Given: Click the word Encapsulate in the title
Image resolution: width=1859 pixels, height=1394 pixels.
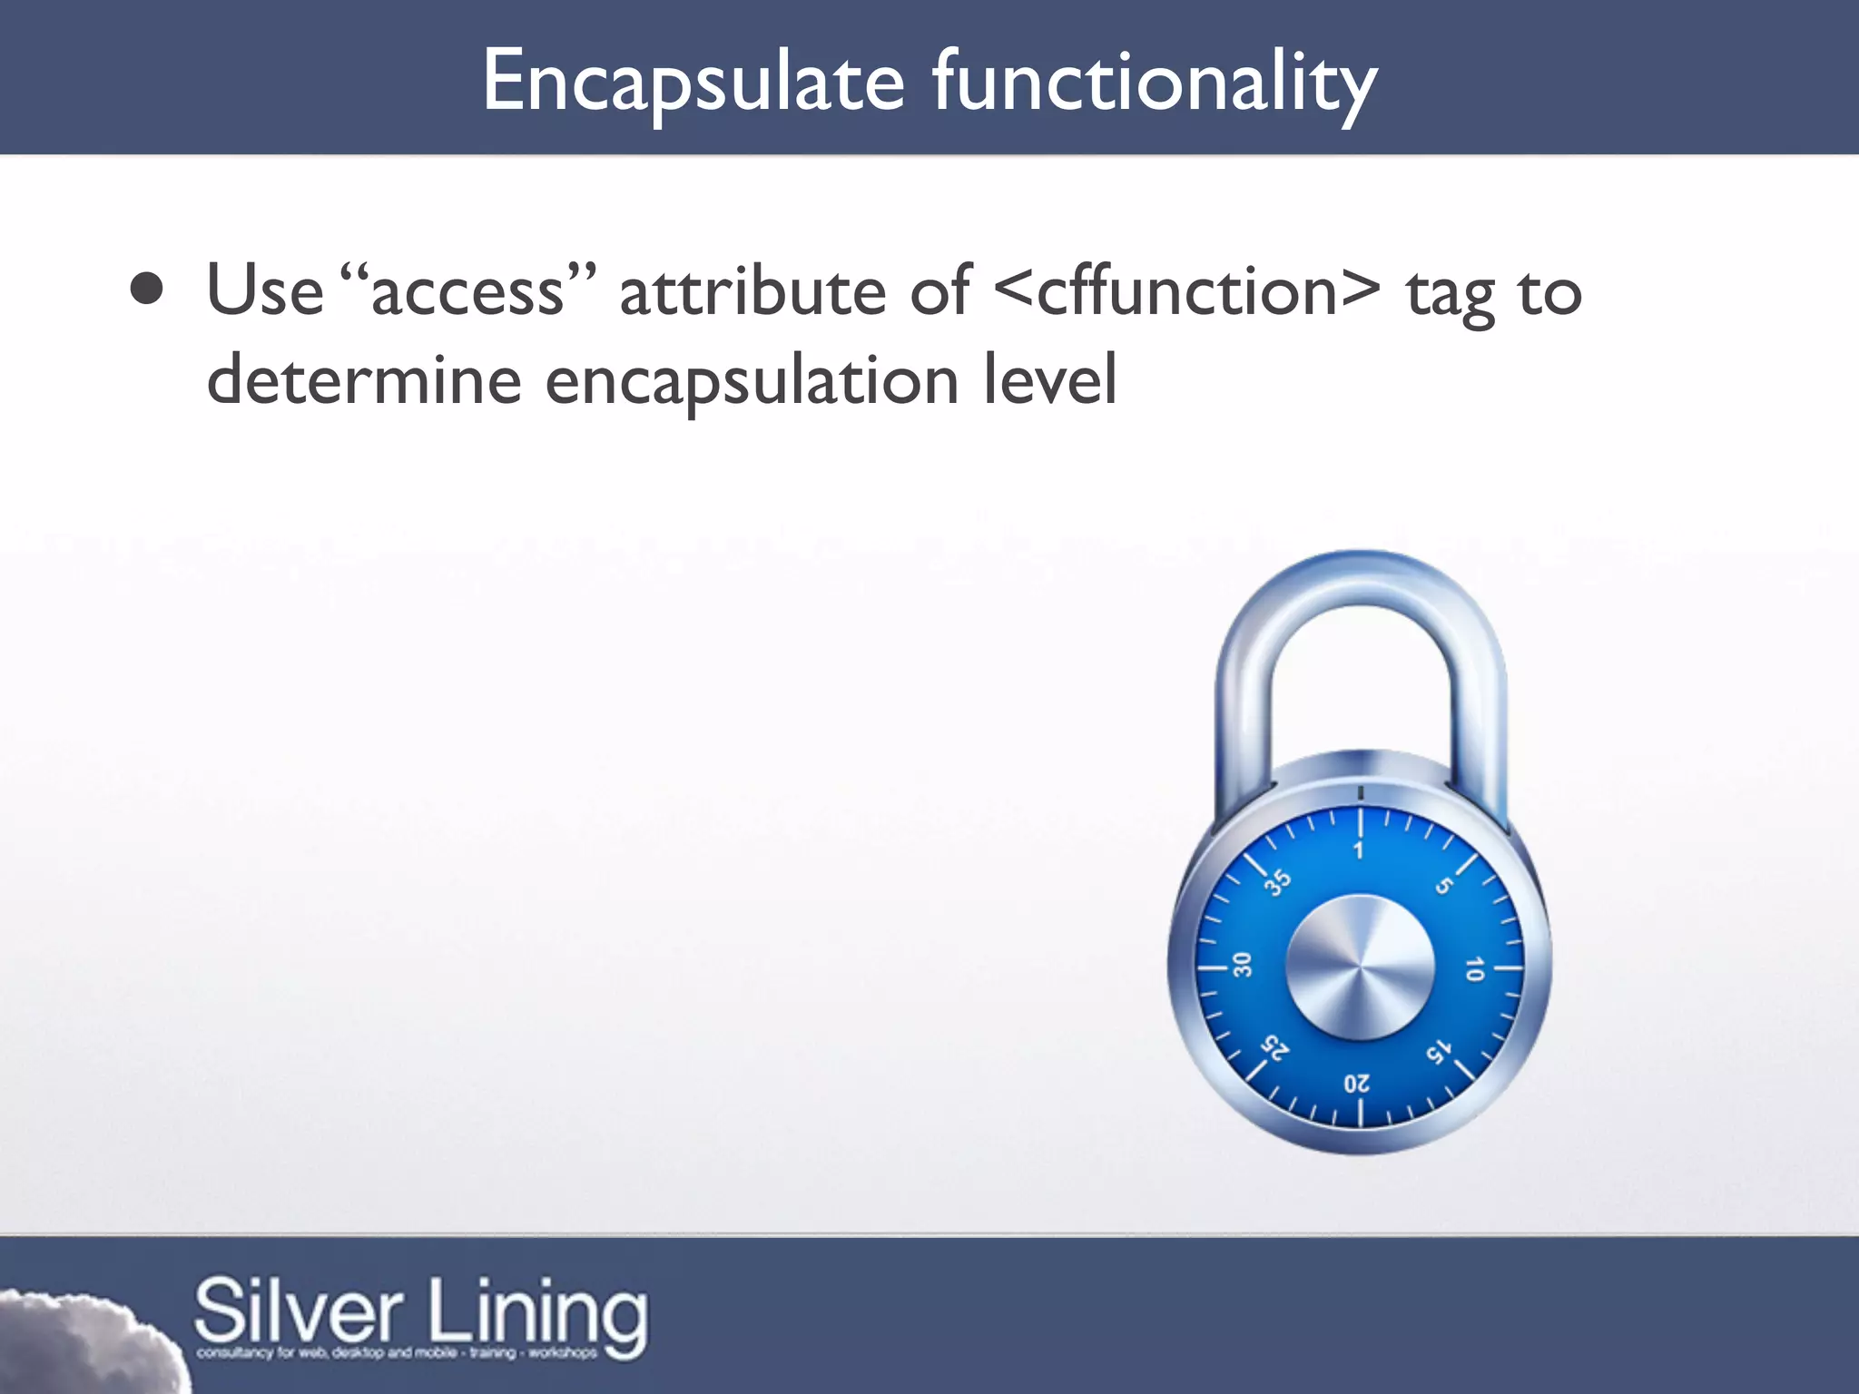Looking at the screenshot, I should (x=693, y=83).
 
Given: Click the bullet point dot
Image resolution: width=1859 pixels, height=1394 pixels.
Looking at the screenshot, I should (x=146, y=290).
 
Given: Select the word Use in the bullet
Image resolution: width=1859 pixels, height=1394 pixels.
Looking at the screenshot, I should (x=264, y=291).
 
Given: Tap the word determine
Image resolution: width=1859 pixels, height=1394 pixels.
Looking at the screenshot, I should (x=364, y=380).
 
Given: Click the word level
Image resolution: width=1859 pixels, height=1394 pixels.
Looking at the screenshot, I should (x=1050, y=380).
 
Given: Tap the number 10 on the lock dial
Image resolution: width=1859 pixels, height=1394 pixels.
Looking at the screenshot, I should (x=1474, y=969).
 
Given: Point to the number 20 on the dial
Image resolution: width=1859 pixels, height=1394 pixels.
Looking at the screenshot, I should (x=1357, y=1084).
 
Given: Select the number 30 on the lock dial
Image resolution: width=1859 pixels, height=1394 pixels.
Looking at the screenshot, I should (x=1242, y=965).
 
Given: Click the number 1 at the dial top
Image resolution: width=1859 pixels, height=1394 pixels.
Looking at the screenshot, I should (x=1359, y=850).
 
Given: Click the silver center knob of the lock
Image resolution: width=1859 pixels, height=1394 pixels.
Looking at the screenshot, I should (x=1360, y=967).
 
